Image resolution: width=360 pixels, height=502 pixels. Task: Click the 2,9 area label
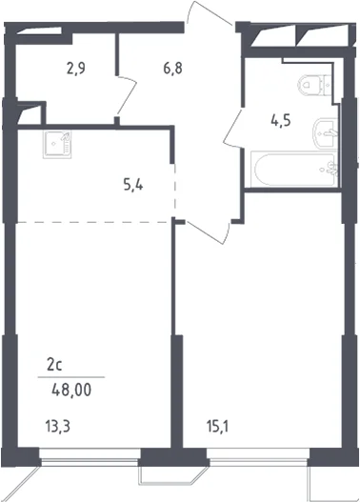[x=76, y=69]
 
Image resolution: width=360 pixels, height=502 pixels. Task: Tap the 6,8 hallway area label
[x=172, y=69]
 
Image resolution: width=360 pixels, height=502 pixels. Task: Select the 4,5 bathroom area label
[x=281, y=121]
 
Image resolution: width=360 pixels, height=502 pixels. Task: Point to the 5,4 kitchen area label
[x=133, y=185]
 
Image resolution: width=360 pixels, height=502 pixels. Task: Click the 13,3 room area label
[x=57, y=427]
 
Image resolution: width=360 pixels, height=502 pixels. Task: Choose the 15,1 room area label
[x=217, y=427]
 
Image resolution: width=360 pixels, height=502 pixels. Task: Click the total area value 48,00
[x=71, y=391]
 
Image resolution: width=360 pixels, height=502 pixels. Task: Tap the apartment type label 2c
[x=54, y=365]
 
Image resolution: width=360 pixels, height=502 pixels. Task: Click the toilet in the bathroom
[x=315, y=85]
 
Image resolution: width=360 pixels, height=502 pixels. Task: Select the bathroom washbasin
[x=325, y=133]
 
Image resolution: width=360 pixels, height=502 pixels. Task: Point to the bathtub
[x=293, y=170]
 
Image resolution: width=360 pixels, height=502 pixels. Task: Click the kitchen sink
[x=57, y=145]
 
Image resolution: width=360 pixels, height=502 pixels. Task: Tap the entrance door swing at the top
[x=210, y=12]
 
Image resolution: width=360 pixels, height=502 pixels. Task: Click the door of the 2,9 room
[x=127, y=95]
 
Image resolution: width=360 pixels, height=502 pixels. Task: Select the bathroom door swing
[x=233, y=128]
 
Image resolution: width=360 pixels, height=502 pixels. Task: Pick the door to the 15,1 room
[x=208, y=232]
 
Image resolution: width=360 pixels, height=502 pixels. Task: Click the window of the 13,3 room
[x=90, y=456]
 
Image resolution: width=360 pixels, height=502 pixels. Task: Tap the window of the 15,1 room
[x=258, y=456]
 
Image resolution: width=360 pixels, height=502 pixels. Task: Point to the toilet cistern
[x=329, y=85]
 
